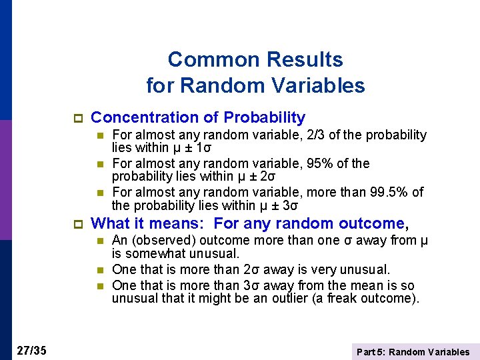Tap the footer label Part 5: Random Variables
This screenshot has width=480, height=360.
pos(413,352)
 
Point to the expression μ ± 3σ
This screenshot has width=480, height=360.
pos(276,206)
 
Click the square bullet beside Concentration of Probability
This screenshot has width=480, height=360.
pos(77,119)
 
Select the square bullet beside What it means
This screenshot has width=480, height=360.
pos(77,224)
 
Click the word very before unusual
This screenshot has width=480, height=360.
pos(327,269)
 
